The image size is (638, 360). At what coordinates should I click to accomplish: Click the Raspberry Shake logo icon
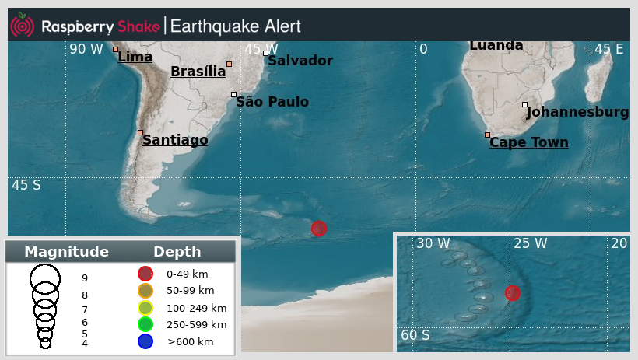click(x=22, y=26)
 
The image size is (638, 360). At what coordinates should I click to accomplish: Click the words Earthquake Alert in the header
click(x=235, y=26)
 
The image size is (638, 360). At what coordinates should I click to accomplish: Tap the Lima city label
click(x=135, y=57)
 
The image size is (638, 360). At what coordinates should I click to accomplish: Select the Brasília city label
click(x=198, y=72)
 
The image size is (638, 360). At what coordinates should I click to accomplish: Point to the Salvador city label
click(x=300, y=61)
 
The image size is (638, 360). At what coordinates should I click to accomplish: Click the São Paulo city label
click(x=272, y=102)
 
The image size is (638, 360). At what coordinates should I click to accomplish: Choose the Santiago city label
click(x=175, y=140)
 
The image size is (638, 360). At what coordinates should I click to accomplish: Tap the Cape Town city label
click(x=529, y=142)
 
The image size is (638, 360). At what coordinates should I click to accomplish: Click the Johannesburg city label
click(x=577, y=112)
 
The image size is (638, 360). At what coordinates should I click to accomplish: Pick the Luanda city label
click(x=496, y=46)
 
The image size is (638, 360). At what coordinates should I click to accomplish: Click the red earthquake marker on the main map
click(x=319, y=228)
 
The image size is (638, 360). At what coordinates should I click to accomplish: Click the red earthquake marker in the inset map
click(x=512, y=293)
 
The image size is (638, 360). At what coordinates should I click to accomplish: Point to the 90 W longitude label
click(x=86, y=50)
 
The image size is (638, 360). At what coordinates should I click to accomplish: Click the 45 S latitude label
click(x=26, y=185)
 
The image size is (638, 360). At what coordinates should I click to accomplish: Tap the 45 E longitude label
click(x=609, y=50)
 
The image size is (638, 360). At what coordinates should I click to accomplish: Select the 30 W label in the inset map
click(x=433, y=243)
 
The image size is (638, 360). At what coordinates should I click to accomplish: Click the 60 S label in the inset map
click(x=415, y=335)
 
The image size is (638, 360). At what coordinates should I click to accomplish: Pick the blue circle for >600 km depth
click(x=145, y=341)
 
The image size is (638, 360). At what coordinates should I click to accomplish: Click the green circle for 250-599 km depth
click(x=145, y=324)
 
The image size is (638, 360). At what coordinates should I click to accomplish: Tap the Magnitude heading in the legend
click(x=66, y=252)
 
